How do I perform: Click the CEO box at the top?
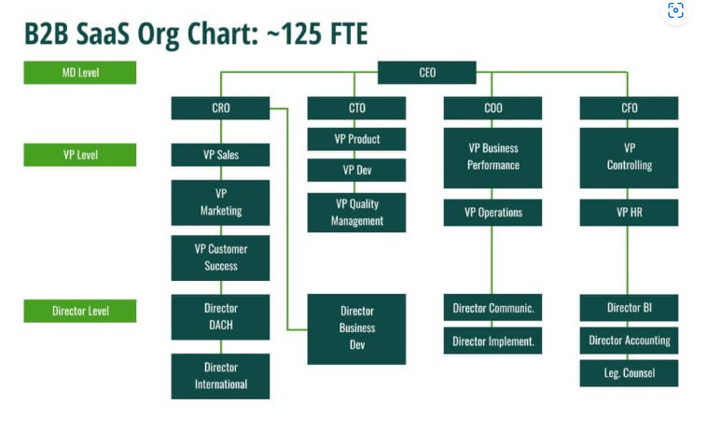[x=426, y=73]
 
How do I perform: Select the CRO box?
[x=220, y=108]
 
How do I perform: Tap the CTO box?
[x=356, y=108]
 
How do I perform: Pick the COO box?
[x=492, y=108]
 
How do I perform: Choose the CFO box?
[x=629, y=108]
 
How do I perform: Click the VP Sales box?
[x=220, y=155]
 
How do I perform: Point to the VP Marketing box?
[x=220, y=202]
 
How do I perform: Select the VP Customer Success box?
[x=220, y=258]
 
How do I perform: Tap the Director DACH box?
[x=220, y=316]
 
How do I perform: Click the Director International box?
[x=220, y=376]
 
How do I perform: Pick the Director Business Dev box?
[x=356, y=328]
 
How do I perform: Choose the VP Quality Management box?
[x=356, y=213]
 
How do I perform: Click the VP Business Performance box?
[x=492, y=157]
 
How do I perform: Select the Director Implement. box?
[x=492, y=341]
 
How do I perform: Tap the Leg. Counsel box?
[x=629, y=373]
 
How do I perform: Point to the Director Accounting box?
[x=629, y=341]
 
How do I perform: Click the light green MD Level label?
[x=80, y=73]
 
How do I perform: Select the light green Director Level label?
[x=80, y=311]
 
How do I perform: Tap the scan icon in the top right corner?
[x=675, y=11]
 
